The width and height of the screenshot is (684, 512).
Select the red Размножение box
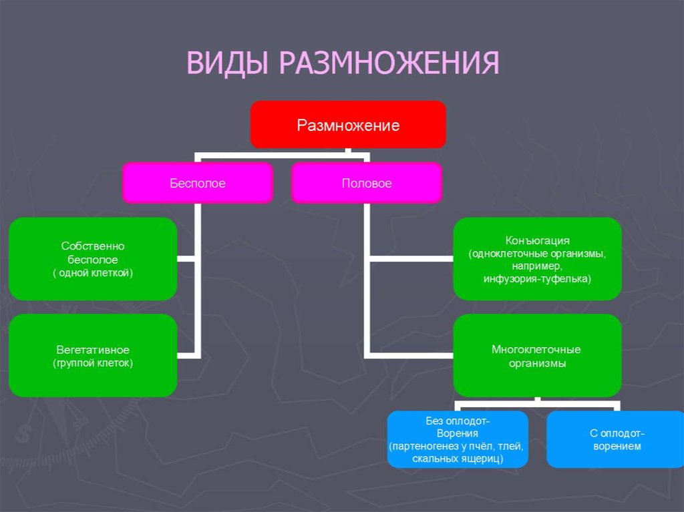(348, 125)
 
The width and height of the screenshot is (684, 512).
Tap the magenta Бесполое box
(197, 183)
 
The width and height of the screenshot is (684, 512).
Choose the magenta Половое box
(367, 183)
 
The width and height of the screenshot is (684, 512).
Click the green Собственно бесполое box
(93, 259)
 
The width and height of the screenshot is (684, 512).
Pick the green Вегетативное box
(93, 356)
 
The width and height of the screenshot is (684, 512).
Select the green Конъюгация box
(537, 259)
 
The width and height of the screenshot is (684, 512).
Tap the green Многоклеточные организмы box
(537, 356)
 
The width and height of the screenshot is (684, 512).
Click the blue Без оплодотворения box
(458, 439)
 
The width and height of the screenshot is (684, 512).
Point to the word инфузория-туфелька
(537, 278)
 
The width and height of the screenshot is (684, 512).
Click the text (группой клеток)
(93, 363)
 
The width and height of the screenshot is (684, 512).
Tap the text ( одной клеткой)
(93, 272)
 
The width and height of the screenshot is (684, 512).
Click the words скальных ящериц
(458, 459)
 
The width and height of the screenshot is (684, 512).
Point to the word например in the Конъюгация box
(537, 266)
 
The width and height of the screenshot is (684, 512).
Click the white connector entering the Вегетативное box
(187, 354)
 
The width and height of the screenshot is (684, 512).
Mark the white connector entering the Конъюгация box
(411, 258)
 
